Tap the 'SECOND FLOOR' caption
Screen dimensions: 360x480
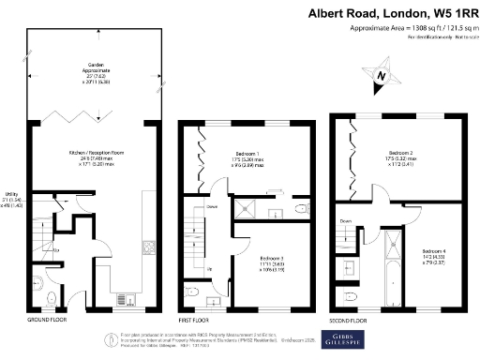349,320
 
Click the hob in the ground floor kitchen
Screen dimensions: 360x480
147,247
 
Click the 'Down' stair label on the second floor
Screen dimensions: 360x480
345,222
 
